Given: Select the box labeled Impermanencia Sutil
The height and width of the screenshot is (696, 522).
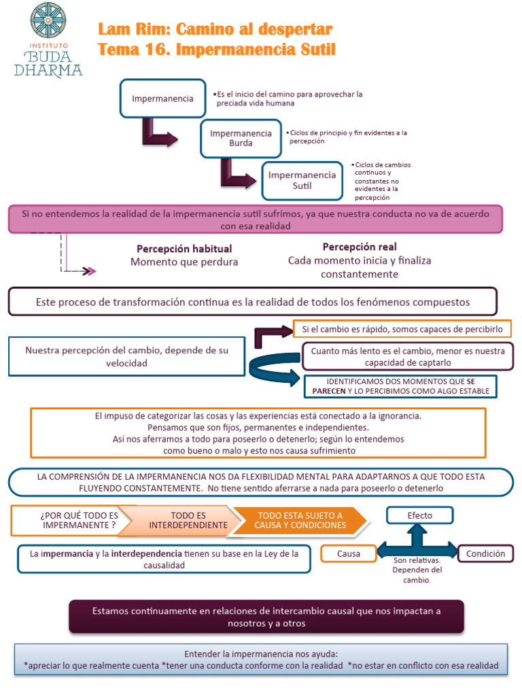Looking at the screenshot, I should point(302,180).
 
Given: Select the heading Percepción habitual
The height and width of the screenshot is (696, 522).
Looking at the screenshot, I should point(184,249).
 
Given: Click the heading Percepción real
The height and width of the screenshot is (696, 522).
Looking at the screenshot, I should point(360,247).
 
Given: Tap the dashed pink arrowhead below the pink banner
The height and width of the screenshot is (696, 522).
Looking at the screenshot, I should point(89,271).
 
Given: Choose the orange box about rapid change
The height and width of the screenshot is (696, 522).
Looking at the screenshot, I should point(402,329).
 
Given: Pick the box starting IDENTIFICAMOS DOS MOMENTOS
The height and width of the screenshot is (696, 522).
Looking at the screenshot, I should point(400,386).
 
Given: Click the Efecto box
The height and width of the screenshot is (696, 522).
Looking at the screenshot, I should point(419,515).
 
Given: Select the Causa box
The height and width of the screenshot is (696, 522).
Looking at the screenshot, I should point(349,554).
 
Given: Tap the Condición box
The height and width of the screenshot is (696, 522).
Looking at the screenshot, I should point(485,554).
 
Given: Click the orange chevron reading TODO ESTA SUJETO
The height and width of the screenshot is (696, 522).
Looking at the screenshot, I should point(301,520).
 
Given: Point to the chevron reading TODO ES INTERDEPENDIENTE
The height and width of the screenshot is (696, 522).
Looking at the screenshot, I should point(188,520).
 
